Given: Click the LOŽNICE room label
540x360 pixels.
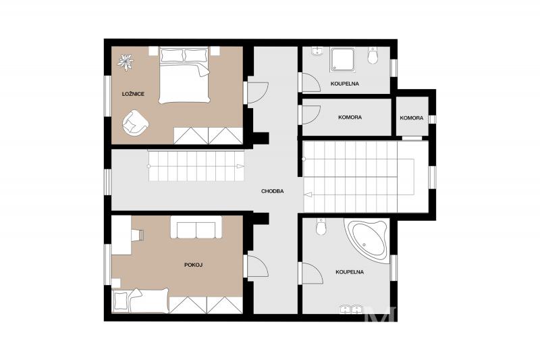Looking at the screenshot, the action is coord(133,94).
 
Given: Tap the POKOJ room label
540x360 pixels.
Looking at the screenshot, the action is coord(193,265).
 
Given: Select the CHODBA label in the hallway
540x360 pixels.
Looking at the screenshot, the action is coord(273,191).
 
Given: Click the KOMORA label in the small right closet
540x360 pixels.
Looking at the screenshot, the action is coord(412,118).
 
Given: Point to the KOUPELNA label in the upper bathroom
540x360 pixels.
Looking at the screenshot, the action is coord(345,83).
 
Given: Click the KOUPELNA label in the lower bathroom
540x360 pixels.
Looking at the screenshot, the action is coord(350,272).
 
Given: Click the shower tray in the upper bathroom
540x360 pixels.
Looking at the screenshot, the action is coord(342,59).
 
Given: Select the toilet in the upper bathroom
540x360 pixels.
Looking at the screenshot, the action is coord(373,55).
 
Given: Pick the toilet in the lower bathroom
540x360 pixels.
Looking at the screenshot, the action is coord(321,226).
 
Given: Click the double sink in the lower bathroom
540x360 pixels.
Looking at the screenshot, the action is coord(350,309).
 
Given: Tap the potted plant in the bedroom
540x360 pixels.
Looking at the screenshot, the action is coord(126,62).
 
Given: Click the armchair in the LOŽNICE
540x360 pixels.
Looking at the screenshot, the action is coord(136,122).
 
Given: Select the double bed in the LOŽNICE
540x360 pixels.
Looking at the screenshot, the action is coord(184,75).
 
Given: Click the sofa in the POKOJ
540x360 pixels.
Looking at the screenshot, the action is coord(196,228).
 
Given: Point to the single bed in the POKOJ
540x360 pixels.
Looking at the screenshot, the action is coord(141,301).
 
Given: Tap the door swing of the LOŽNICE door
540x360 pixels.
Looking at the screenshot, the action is coord(258,93).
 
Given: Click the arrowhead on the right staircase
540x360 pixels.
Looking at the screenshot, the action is coord(308,195).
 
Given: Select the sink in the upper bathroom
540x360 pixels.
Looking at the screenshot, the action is coord(317,52).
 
